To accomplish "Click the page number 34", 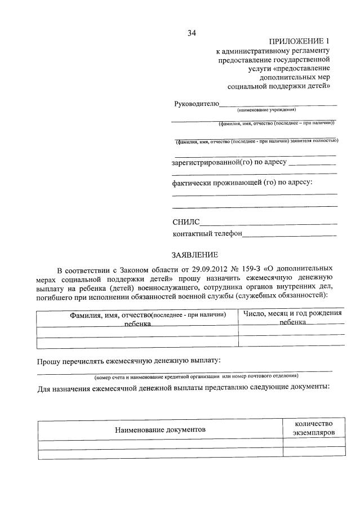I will pyautogui.click(x=192, y=33).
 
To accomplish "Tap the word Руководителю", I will pyautogui.click(x=195, y=104).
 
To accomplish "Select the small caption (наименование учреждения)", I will pyautogui.click(x=266, y=110).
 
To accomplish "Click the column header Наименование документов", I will pyautogui.click(x=160, y=429).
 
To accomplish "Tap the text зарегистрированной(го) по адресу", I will pyautogui.click(x=229, y=162).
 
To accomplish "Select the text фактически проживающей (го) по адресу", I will pyautogui.click(x=242, y=183).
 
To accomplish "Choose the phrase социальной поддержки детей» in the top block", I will pyautogui.click(x=278, y=86).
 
